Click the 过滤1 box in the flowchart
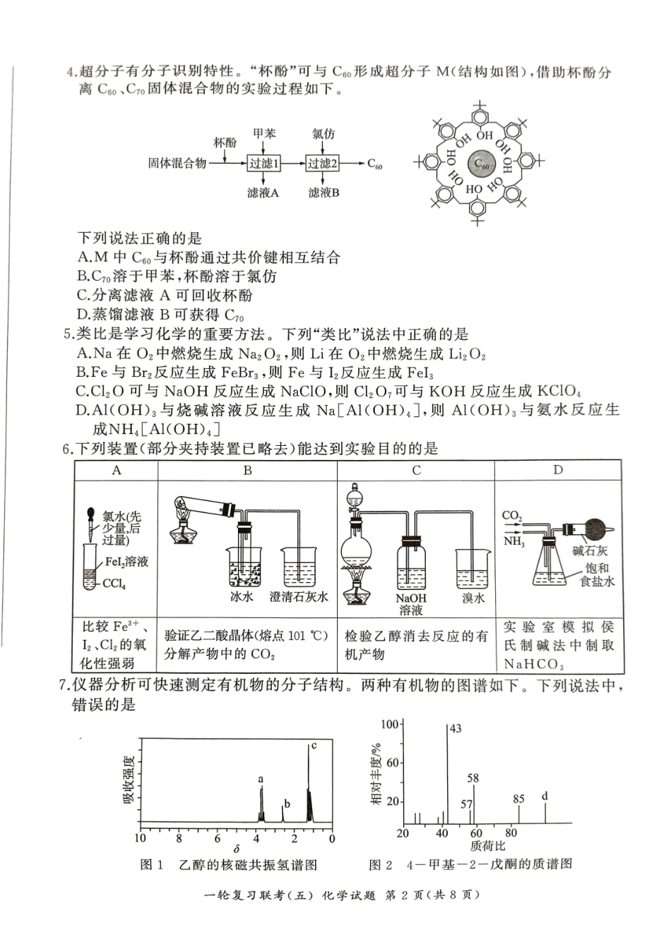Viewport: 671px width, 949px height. [264, 164]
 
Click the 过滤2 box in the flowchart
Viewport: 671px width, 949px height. [322, 164]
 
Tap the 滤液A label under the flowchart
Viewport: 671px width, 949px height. [263, 193]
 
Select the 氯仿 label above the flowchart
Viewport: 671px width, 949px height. [323, 133]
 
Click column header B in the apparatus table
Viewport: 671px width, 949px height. [247, 471]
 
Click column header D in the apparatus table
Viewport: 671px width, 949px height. [558, 470]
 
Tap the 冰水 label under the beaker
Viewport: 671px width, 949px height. [242, 597]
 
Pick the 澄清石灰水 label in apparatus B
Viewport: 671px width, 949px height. [299, 597]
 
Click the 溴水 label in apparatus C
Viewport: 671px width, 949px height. [473, 598]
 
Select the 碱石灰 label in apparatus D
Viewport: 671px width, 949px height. [590, 550]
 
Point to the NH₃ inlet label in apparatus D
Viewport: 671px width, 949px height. [513, 541]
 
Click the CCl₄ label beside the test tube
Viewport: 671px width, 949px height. [114, 584]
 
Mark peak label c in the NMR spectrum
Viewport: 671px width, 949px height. [314, 745]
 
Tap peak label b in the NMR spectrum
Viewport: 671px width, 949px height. [287, 804]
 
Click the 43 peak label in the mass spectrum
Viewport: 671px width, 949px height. [455, 728]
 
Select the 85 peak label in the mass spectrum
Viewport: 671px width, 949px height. [518, 799]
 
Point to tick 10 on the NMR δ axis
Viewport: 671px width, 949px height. [140, 838]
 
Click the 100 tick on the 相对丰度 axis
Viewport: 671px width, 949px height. [390, 724]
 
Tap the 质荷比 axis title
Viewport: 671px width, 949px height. [487, 846]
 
